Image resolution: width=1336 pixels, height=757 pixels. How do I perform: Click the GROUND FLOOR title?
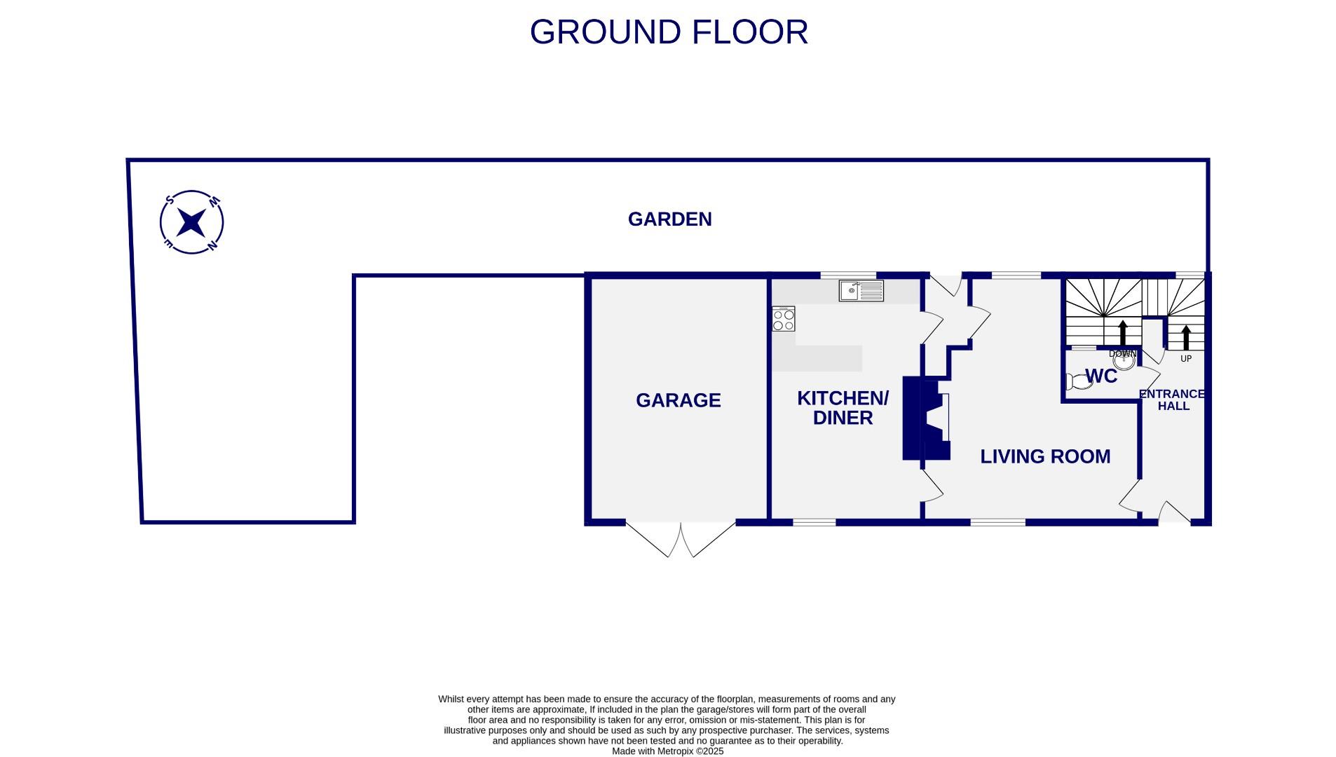coord(668,32)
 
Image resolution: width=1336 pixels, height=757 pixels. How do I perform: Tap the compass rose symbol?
coord(191,222)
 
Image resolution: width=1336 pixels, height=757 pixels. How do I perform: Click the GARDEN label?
coord(669,219)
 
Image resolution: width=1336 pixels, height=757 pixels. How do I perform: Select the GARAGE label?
coord(678,400)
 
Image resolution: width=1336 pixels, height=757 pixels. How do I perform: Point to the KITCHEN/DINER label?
coord(843,408)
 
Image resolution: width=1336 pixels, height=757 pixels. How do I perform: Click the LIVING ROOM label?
coord(1044,456)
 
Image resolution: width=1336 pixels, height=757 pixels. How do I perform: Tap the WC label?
coord(1100,376)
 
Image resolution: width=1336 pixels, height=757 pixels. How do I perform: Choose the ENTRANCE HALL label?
coord(1172,400)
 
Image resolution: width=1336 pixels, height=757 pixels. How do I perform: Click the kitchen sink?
coord(861,290)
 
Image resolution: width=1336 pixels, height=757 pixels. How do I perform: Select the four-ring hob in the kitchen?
coord(783,320)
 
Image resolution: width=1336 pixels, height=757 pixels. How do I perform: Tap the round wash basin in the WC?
coord(1124,361)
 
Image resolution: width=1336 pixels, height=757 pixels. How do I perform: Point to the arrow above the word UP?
coord(1186,337)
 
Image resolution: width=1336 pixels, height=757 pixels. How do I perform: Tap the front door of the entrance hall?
coord(1175,514)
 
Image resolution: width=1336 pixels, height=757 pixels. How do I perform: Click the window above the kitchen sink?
coord(848,275)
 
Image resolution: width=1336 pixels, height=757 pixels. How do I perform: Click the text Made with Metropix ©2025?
coord(667,751)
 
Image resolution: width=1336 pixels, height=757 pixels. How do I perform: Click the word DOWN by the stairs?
coord(1122,353)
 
